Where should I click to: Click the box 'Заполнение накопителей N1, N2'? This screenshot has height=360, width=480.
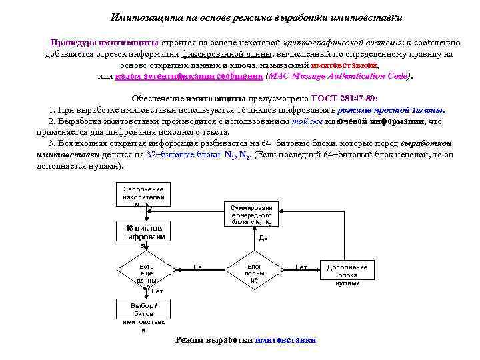tap(143, 196)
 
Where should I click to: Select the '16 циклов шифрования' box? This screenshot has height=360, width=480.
tap(143, 237)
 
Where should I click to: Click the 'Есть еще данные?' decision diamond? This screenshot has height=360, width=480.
tap(146, 273)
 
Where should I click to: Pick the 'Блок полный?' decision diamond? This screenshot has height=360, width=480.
tap(254, 273)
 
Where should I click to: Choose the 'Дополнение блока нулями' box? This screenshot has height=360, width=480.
tap(347, 274)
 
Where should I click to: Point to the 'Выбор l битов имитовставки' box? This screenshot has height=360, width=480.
tap(143, 317)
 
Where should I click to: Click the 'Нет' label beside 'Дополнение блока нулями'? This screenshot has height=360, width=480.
tap(301, 267)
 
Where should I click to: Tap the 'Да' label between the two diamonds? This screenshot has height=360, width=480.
tap(197, 267)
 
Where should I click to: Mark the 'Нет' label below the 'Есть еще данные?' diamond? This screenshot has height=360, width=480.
tap(157, 291)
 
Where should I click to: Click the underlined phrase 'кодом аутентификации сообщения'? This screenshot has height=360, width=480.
tap(189, 77)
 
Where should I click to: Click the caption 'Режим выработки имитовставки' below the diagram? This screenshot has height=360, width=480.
tap(245, 339)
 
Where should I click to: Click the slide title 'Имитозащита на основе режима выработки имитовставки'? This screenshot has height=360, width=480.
tap(256, 17)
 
